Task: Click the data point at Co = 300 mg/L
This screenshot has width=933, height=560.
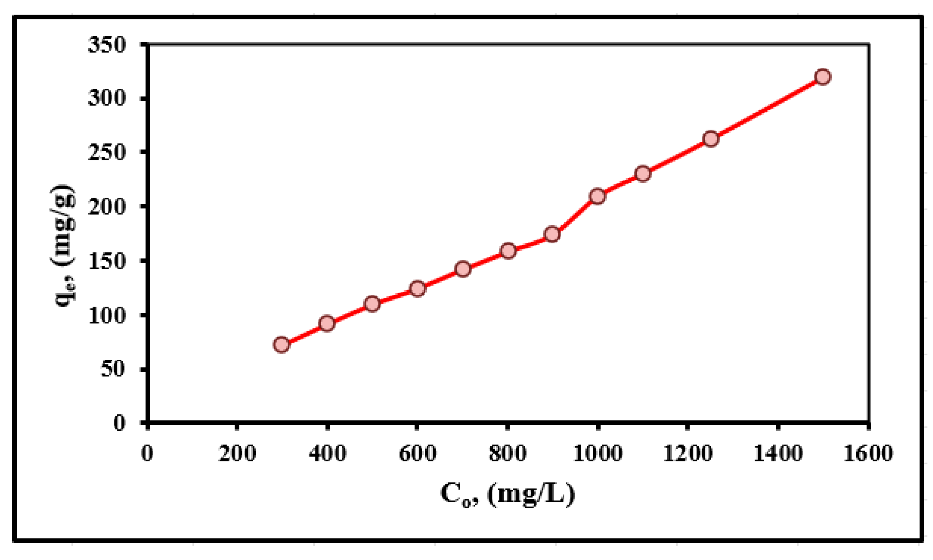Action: pos(282,345)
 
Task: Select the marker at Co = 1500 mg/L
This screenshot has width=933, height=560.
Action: pos(823,77)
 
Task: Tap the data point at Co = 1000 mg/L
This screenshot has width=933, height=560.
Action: pos(597,196)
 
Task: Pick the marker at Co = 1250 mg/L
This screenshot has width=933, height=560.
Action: pos(711,139)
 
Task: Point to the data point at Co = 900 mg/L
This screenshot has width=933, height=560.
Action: pos(552,234)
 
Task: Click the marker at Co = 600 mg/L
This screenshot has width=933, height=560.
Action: pos(417,289)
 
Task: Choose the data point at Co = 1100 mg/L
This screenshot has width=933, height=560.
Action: pos(643,174)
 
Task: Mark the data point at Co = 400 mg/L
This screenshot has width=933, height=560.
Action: pos(327,323)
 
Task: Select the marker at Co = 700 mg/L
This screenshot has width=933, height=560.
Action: pos(463,269)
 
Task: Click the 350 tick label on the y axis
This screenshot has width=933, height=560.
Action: pos(106,45)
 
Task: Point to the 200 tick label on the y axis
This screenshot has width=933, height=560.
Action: pos(106,207)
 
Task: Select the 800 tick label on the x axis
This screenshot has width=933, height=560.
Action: pos(507,453)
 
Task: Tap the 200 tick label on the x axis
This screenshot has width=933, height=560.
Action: pos(237,453)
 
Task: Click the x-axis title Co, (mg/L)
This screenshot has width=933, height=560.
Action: pos(508,495)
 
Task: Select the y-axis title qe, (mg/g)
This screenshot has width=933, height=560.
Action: pos(65,245)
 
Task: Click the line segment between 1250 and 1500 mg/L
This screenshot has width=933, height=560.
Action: pos(767,108)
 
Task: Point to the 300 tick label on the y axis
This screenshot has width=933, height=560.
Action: pos(106,99)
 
